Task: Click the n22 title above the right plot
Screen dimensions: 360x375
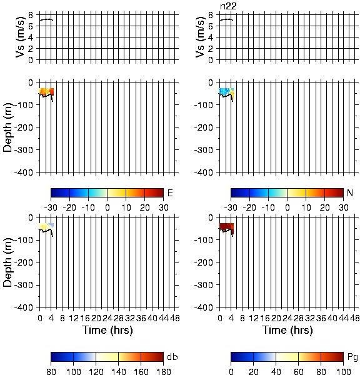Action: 228,6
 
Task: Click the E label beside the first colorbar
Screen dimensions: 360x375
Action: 170,192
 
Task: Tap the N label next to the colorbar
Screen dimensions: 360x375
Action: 350,192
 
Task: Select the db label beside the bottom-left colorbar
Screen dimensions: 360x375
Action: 172,357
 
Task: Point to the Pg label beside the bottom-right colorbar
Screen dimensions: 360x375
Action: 352,357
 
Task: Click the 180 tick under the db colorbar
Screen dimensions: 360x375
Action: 163,371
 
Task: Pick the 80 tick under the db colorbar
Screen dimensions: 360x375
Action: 51,371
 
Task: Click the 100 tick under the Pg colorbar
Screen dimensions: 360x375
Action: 343,371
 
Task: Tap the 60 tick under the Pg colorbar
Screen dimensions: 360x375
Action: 298,371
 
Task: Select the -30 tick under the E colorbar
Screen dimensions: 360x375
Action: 51,207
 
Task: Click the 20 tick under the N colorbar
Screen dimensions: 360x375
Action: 324,207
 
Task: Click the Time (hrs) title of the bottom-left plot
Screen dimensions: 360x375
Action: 107,330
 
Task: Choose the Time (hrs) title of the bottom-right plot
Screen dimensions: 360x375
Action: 287,330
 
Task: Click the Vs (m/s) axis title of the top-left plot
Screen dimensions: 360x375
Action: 21,37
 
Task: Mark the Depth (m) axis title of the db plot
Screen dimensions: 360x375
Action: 7,262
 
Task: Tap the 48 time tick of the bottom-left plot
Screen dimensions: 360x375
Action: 175,318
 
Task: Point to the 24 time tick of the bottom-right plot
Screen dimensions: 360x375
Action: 287,318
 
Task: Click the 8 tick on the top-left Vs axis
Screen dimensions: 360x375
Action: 31,15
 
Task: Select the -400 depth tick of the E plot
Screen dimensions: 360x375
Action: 24,172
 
